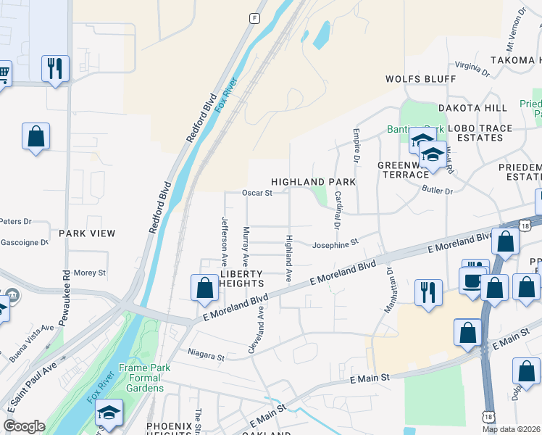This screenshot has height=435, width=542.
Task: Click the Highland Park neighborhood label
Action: pos(313,181)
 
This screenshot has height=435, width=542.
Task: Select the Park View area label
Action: pos(87,233)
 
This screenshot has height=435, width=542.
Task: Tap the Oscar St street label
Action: pos(257,193)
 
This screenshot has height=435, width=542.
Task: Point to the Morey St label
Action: pos(90,273)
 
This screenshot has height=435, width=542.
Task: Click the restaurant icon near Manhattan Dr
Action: pos(428,292)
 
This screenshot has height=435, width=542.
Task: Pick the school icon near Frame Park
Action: pos(109,413)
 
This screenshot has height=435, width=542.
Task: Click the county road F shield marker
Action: pos(254,18)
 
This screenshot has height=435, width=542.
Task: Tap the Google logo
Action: pos(25,426)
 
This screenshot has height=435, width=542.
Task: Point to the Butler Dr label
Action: pos(437,191)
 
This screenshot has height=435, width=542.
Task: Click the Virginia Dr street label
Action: pos(473,69)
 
